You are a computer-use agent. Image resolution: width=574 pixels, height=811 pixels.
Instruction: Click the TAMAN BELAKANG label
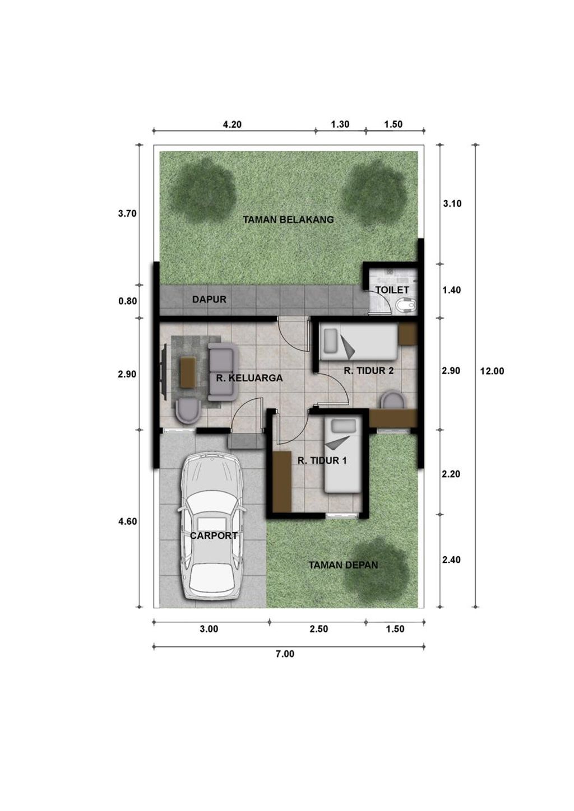pos(288,220)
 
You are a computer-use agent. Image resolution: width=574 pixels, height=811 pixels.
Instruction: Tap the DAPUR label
pos(209,300)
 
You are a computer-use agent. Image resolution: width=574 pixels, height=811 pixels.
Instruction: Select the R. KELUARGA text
pos(249,378)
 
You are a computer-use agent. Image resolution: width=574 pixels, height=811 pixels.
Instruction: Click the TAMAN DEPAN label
pos(343,565)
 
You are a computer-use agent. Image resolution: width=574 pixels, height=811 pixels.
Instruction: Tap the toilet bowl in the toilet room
pos(406,306)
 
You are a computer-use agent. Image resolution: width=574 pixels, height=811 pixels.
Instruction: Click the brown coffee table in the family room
pos(188,371)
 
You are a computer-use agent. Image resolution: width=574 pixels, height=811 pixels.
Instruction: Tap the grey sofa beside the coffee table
pos(221,372)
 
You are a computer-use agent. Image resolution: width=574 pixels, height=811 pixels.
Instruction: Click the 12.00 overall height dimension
pos(492,371)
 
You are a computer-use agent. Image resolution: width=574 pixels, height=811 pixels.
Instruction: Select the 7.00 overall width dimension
pos(285,654)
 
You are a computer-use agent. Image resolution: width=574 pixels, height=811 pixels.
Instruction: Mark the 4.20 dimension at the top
pos(232,125)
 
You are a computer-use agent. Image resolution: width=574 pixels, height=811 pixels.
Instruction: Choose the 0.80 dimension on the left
pos(128,301)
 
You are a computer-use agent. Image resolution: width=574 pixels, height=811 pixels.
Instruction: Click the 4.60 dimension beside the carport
pos(128,521)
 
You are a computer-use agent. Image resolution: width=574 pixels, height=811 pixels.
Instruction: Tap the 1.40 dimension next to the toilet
pos(452,290)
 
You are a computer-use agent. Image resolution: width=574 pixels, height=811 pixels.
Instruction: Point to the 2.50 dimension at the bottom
pos(318,629)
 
